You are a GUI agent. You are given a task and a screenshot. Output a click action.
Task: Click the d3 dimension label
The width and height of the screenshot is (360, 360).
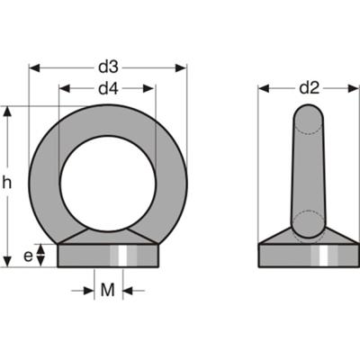(x=108, y=67)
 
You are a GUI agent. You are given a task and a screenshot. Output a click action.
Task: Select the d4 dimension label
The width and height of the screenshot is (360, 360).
(x=108, y=88)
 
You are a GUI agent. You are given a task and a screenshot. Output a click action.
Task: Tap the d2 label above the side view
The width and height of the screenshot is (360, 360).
(x=309, y=87)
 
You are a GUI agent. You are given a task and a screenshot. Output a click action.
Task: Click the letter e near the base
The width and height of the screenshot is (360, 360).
(x=28, y=256)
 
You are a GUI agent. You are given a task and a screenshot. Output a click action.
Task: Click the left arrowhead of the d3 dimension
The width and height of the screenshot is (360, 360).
(x=34, y=67)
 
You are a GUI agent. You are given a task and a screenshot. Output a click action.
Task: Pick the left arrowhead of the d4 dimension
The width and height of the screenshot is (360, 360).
(x=64, y=88)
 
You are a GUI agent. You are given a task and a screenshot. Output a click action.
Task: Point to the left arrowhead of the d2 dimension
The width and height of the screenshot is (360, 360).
(x=264, y=88)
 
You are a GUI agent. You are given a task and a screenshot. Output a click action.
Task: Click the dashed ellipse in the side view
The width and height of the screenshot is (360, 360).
(x=307, y=222)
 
